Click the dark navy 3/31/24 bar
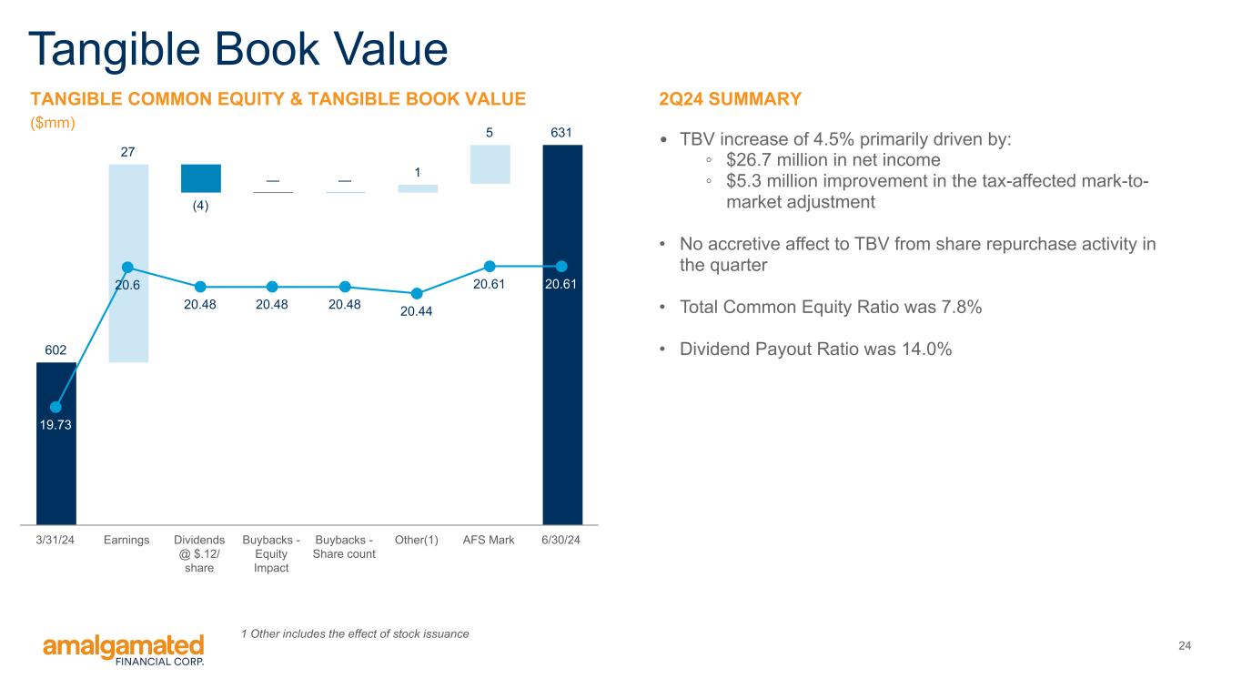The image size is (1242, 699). pos(56,443)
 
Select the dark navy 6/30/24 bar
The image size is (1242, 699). pos(562,335)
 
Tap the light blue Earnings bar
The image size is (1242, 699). pos(128,263)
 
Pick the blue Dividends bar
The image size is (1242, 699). pos(201,178)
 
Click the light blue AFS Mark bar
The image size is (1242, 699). pos(490,164)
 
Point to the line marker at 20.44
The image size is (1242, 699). pos(417,293)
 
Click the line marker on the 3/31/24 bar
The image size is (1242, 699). pos(56,407)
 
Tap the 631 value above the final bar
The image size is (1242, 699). pos(561,133)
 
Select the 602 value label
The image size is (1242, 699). pos(56,350)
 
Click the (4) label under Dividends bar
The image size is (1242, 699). pos(201,206)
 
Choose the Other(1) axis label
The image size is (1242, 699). pos(417,540)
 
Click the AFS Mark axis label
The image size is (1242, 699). pos(489,540)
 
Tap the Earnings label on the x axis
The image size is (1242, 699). pos(126,540)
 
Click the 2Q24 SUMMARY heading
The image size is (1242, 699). pos(731,98)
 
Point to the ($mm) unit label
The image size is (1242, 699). pos(53,123)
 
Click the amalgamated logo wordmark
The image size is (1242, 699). pos(124,647)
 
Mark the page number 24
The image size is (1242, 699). pos(1185,645)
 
